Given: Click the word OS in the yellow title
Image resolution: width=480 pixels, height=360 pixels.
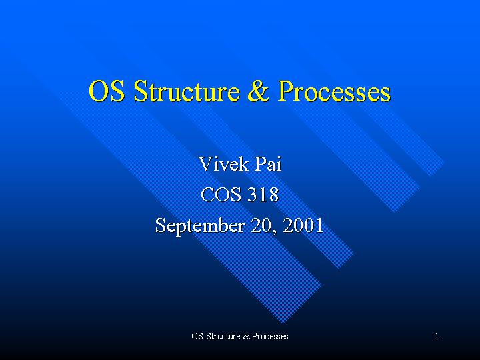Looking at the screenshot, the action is click(107, 91).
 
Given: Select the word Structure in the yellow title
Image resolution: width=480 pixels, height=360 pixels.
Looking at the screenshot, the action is click(187, 91).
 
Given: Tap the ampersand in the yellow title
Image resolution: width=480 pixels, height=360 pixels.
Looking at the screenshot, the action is click(259, 91).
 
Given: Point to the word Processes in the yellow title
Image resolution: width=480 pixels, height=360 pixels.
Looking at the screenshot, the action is click(334, 91).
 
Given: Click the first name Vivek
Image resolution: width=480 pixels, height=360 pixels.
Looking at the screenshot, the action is click(223, 164).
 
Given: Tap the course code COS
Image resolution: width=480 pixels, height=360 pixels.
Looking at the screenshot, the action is click(221, 195).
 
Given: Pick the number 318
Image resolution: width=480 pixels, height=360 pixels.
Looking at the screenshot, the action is click(263, 195).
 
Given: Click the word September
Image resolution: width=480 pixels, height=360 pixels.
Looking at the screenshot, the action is click(200, 226).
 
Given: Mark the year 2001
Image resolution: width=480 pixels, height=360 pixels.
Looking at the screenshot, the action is click(303, 225).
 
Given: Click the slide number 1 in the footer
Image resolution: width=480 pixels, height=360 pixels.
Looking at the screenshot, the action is click(437, 337).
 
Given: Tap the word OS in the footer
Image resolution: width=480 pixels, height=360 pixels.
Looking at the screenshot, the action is click(197, 336).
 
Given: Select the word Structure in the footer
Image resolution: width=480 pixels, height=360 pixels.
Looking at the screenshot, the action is click(223, 336).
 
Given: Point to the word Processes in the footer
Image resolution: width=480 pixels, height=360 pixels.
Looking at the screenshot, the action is click(270, 336).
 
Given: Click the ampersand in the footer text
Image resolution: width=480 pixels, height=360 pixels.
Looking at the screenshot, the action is click(247, 336).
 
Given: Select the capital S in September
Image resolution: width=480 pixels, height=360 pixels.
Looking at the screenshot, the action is click(161, 225).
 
